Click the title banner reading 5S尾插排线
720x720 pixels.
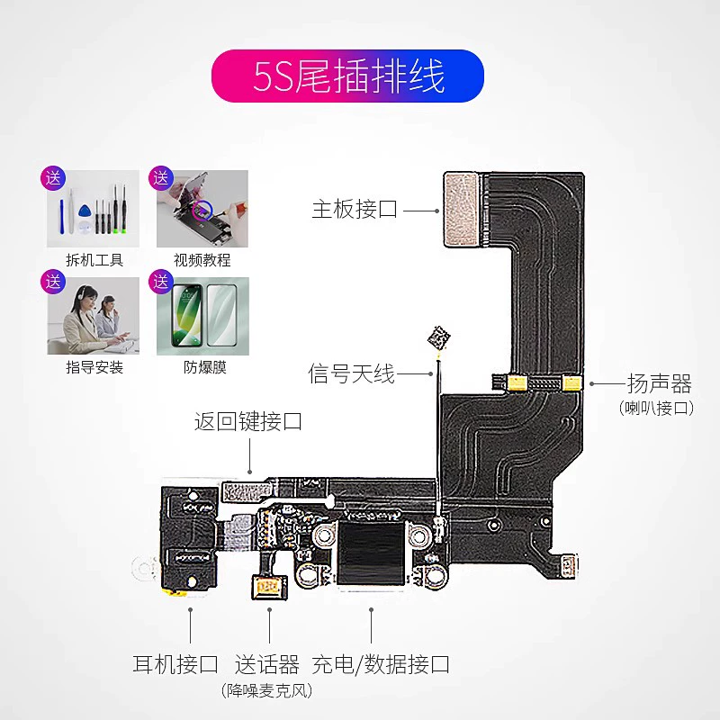pos(347,76)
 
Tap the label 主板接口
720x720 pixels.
pos(355,210)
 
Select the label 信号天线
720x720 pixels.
pos(352,373)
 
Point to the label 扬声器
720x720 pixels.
pos(659,384)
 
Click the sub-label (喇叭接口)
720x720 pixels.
pos(659,408)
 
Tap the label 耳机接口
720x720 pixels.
pos(175,665)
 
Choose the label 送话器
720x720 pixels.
pos(266,665)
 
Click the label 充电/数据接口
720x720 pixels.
pos(381,665)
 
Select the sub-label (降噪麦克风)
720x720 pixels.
pos(266,690)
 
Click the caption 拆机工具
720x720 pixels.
pos(94,260)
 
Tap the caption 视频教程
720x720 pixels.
pos(202,260)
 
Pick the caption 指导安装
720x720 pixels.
pos(94,367)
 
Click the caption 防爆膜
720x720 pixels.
pos(202,367)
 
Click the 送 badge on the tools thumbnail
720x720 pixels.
pos(53,177)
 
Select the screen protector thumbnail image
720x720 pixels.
pos(202,315)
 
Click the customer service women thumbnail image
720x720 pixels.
pos(94,315)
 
